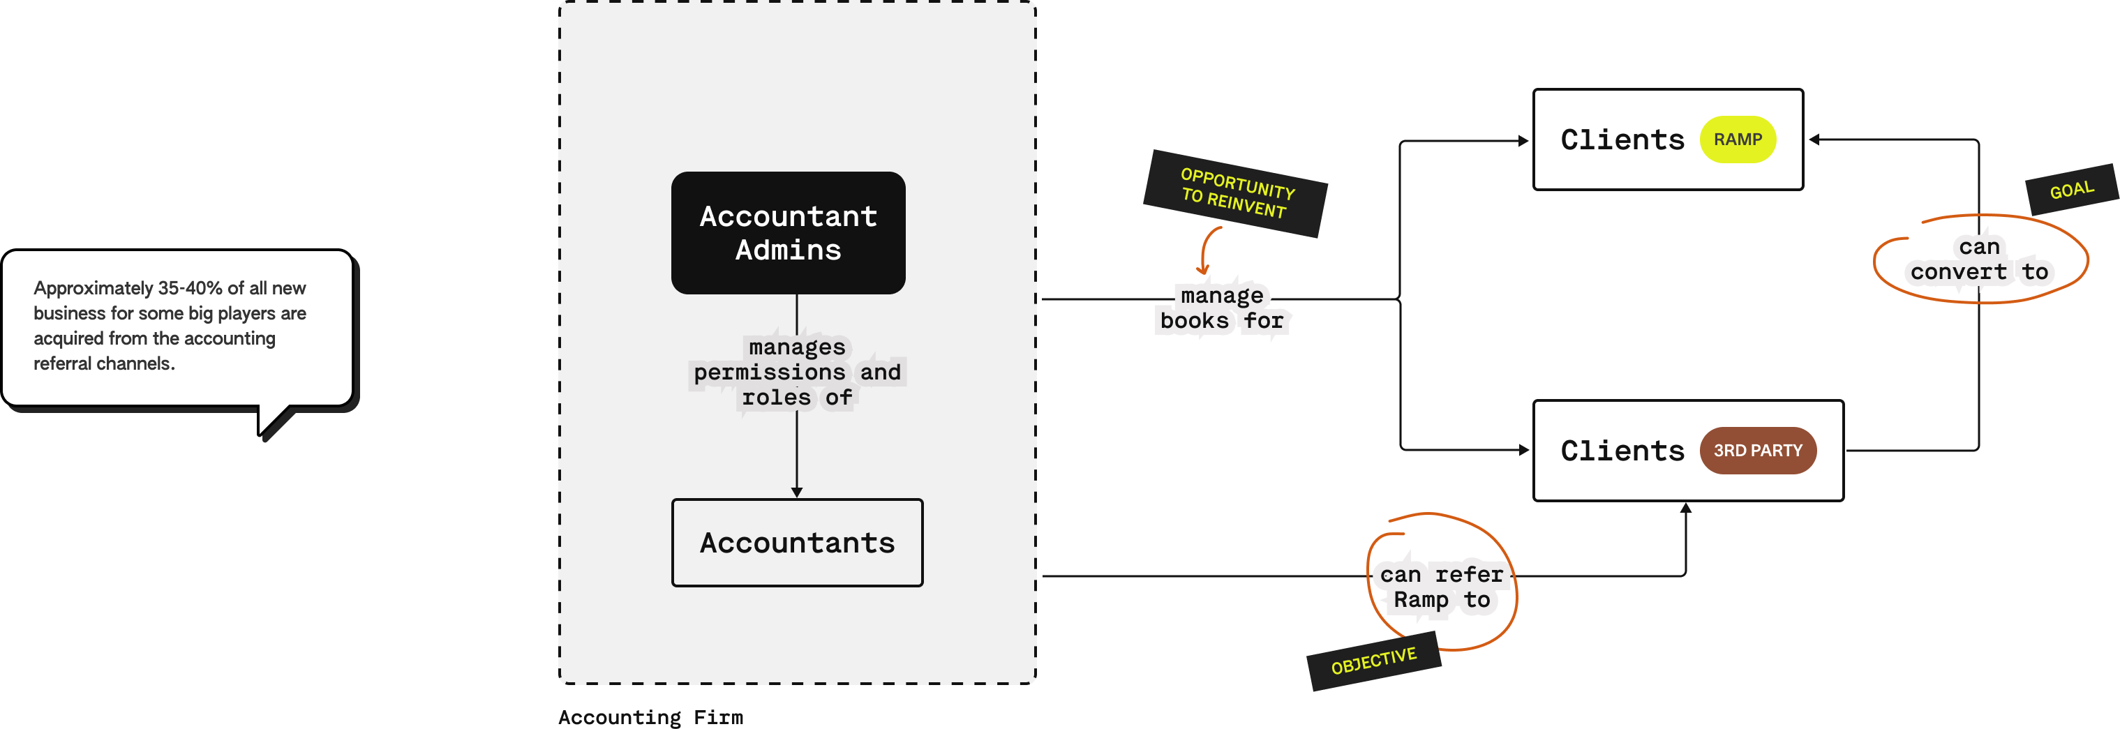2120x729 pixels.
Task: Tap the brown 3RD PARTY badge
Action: pyautogui.click(x=1757, y=451)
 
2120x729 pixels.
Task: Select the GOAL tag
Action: pyautogui.click(x=2071, y=190)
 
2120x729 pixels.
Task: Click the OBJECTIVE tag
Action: pyautogui.click(x=1373, y=661)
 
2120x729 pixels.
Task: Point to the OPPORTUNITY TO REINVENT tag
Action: pyautogui.click(x=1234, y=193)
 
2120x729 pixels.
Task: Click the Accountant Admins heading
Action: pyautogui.click(x=788, y=233)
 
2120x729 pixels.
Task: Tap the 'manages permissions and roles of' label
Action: pyautogui.click(x=797, y=373)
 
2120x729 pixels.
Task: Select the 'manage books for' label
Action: pyautogui.click(x=1222, y=308)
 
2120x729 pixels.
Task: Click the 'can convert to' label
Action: pyautogui.click(x=1979, y=260)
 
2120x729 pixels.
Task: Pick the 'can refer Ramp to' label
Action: pyautogui.click(x=1441, y=587)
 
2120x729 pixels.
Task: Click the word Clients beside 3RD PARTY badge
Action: pyautogui.click(x=1622, y=451)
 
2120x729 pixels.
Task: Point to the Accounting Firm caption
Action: pyautogui.click(x=650, y=717)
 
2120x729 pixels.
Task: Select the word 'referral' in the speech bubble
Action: pyautogui.click(x=63, y=363)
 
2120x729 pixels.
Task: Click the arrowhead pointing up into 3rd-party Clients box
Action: pyautogui.click(x=1685, y=508)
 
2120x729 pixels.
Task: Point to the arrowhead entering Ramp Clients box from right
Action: pyautogui.click(x=1814, y=140)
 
